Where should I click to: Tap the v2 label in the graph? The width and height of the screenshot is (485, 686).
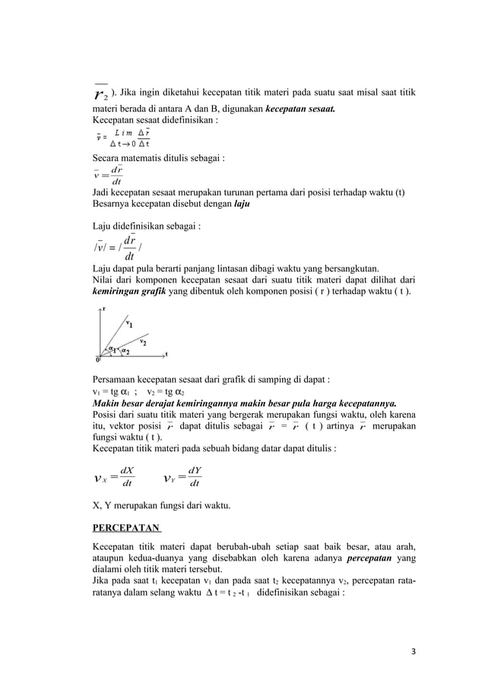142,341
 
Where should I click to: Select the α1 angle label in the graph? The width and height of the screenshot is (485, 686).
112,349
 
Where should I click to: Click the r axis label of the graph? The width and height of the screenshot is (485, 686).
104,308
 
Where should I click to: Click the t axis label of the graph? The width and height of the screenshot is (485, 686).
166,354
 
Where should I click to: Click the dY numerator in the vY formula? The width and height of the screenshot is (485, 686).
194,470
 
